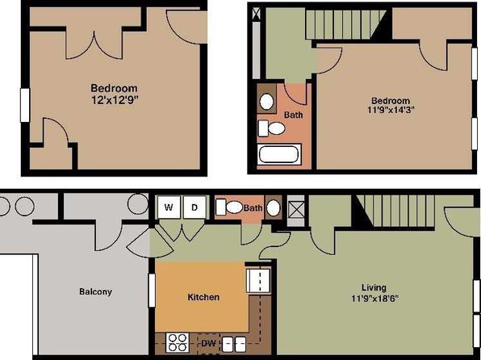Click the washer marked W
(169, 207)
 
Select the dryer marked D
(194, 207)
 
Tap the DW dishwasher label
(208, 343)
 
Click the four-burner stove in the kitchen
(178, 342)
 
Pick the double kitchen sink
(234, 344)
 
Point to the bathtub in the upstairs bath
(279, 154)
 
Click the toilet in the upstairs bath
(271, 128)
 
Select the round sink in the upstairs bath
(266, 102)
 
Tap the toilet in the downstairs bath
(229, 207)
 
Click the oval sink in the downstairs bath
(274, 207)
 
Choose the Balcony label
(95, 291)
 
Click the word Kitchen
(203, 297)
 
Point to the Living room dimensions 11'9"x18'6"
(374, 299)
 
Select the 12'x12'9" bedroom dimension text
(113, 100)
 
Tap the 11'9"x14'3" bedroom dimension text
(391, 110)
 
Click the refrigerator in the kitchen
(258, 281)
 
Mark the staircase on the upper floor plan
(346, 24)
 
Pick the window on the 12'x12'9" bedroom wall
(25, 105)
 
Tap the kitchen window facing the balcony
(152, 291)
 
